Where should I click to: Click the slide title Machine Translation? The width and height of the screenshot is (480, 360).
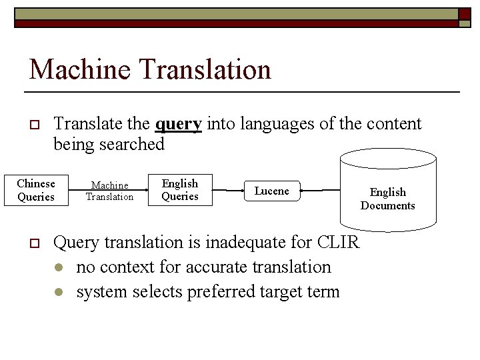pos(150,69)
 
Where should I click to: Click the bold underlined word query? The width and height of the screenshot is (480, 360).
pos(178,124)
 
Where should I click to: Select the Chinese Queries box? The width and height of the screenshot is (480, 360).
pos(36,190)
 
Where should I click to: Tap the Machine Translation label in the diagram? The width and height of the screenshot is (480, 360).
pos(109,191)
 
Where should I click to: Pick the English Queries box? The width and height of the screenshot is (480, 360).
pos(180,189)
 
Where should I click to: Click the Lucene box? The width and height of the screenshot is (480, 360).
pos(272,191)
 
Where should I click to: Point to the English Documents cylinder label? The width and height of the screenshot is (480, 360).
pos(387,199)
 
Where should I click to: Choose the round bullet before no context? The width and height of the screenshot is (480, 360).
pos(60,268)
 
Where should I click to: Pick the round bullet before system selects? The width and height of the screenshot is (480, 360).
pos(60,293)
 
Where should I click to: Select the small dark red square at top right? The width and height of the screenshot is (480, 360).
pos(464,13)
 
